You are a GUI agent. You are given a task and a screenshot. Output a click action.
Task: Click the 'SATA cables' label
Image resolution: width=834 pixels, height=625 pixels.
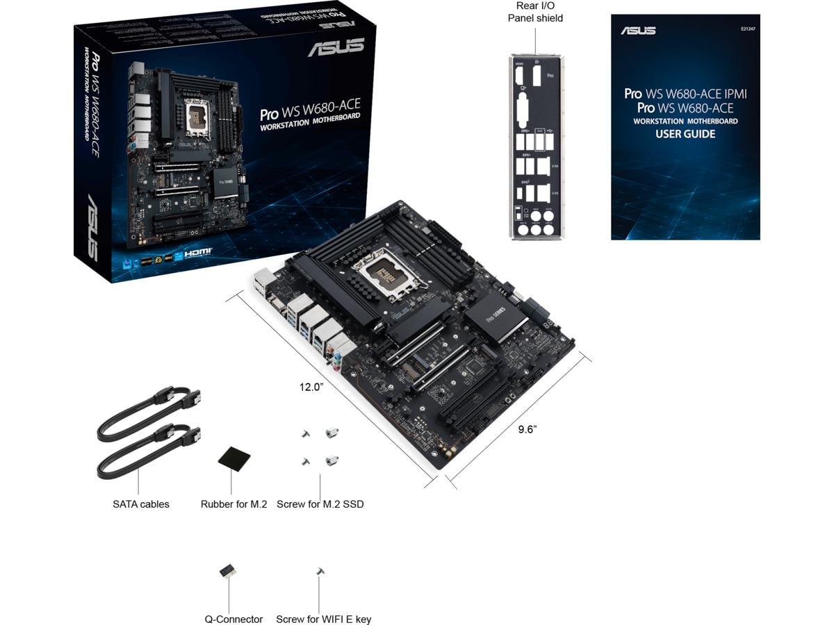[x=140, y=504]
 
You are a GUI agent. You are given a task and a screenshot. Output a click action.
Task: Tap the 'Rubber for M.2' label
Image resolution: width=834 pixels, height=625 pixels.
[x=234, y=504]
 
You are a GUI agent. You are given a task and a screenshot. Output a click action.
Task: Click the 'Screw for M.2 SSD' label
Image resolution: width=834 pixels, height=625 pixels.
[x=320, y=504]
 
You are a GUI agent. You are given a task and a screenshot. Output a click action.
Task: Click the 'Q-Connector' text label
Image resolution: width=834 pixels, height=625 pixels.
[x=234, y=619]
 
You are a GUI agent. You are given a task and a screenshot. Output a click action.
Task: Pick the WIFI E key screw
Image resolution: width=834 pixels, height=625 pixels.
[x=320, y=571]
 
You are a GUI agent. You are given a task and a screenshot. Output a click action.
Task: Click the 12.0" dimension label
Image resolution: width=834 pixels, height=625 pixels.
[x=312, y=387]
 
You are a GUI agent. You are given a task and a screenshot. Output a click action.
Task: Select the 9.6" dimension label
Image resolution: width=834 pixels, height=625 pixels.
[x=528, y=429]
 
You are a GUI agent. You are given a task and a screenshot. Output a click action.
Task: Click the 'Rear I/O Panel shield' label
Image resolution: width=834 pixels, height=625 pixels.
[x=535, y=12]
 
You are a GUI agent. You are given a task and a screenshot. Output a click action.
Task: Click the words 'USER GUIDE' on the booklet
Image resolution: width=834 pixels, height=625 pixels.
[x=685, y=134]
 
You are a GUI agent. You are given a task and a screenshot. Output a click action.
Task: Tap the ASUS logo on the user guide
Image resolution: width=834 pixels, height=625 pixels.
[x=638, y=31]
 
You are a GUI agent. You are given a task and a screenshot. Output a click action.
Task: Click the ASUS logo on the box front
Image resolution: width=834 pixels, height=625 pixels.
[x=336, y=47]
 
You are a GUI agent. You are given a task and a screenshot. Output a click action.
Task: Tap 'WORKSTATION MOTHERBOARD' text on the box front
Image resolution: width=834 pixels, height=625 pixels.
[x=310, y=122]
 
